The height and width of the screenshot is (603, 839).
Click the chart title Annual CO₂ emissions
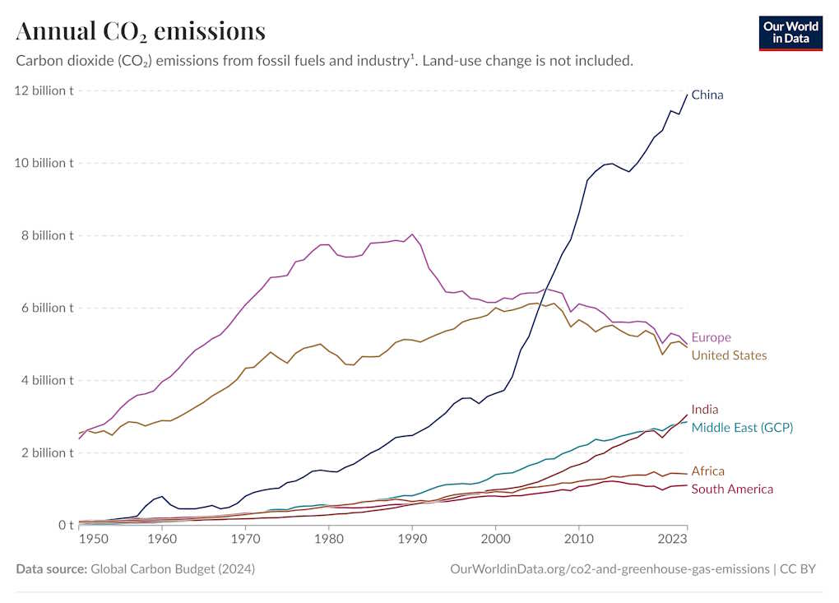click(x=141, y=31)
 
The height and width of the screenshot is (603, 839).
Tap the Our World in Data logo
click(x=790, y=32)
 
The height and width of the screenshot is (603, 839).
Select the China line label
click(x=707, y=95)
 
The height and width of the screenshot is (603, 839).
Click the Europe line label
click(x=711, y=337)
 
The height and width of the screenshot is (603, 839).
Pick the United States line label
click(x=729, y=355)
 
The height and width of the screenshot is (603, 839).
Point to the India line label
click(x=705, y=409)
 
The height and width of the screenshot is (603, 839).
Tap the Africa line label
click(x=707, y=471)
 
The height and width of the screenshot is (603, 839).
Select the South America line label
click(x=732, y=489)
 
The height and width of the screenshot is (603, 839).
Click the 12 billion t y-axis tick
click(x=44, y=90)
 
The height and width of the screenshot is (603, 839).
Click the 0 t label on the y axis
click(x=65, y=525)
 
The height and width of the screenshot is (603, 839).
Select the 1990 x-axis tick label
click(x=412, y=540)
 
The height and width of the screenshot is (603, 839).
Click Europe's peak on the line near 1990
click(x=412, y=234)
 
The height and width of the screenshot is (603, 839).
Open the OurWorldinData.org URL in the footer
click(x=610, y=569)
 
